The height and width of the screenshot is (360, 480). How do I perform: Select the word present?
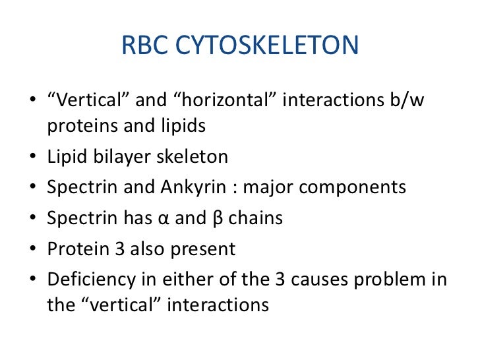pyautogui.click(x=201, y=249)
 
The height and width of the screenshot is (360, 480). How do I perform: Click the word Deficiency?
pyautogui.click(x=86, y=280)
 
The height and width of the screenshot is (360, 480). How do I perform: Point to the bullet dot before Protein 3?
pyautogui.click(x=33, y=250)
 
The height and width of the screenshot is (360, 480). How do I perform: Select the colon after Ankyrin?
pyautogui.click(x=235, y=189)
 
